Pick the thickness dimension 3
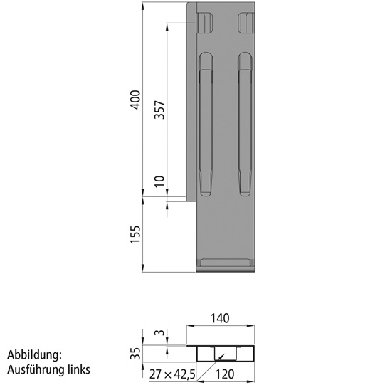point(159,333)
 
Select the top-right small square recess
point(246,23)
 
